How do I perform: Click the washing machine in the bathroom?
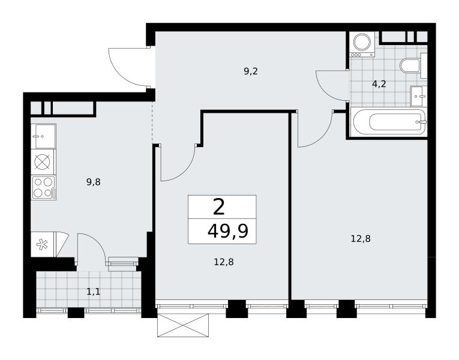pos(362,44)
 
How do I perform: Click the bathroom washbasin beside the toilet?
pos(419,96)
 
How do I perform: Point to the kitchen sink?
pos(43,136)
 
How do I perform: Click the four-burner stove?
pos(44,188)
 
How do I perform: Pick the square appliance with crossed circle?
pos(43,162)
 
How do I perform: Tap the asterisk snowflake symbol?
pos(42,245)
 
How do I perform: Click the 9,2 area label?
pos(251,71)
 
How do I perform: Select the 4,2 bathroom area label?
pos(379,84)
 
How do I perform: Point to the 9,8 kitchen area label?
pos(94,182)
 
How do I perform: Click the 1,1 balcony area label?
pos(94,292)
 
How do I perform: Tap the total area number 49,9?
pos(228,231)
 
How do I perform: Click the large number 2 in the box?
pos(219,207)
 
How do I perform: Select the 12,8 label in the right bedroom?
pos(361,239)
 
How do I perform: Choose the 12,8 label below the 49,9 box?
pos(224,262)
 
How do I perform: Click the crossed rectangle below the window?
pos(183,325)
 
